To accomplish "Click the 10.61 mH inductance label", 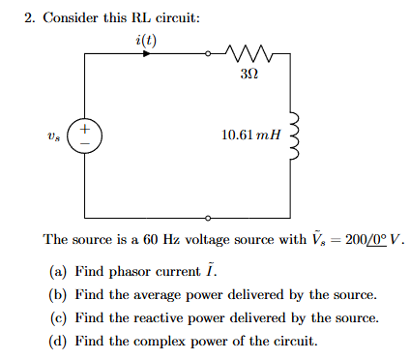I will (248, 136).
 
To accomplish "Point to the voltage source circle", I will (86, 136).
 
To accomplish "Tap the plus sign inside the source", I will (86, 129).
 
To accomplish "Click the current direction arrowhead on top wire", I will (146, 54).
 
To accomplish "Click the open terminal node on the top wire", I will (206, 54).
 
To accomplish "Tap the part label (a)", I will (57, 269).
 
